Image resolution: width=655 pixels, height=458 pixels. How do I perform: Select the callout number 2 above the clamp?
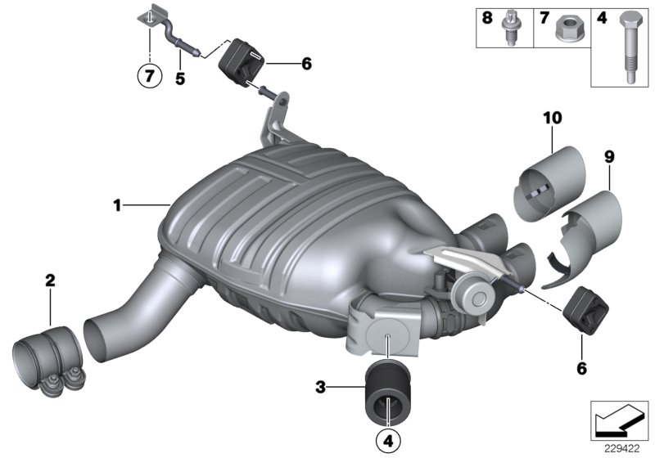point(51,281)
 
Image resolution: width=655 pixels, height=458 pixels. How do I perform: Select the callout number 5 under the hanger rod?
point(179,79)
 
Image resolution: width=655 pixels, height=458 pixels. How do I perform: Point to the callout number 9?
point(608,155)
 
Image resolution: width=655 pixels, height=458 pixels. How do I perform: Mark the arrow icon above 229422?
point(619,421)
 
